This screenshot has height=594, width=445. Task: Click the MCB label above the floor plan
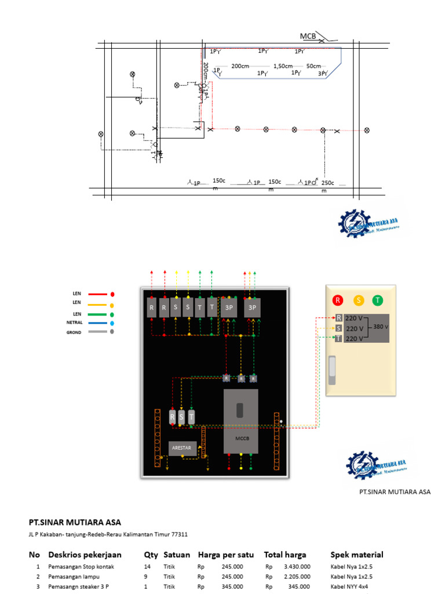(x=308, y=36)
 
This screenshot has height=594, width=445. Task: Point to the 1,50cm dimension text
(x=283, y=66)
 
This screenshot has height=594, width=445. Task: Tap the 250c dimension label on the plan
(x=327, y=183)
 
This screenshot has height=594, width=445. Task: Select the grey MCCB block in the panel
(x=241, y=421)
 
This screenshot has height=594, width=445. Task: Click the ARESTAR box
(x=183, y=448)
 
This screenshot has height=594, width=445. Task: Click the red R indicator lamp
(x=338, y=300)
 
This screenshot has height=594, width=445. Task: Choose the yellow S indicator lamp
(x=359, y=300)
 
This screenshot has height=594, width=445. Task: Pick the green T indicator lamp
(x=377, y=300)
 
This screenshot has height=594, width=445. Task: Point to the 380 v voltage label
(x=380, y=327)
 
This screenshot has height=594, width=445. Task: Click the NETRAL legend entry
(x=75, y=322)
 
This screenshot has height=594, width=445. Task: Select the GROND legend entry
(x=74, y=332)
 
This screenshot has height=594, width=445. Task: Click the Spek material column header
(x=356, y=555)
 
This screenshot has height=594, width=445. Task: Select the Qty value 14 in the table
(x=147, y=566)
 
